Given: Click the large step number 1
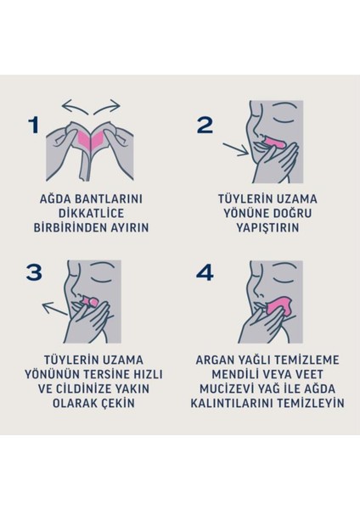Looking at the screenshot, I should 34,125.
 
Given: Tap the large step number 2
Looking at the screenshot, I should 205,125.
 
